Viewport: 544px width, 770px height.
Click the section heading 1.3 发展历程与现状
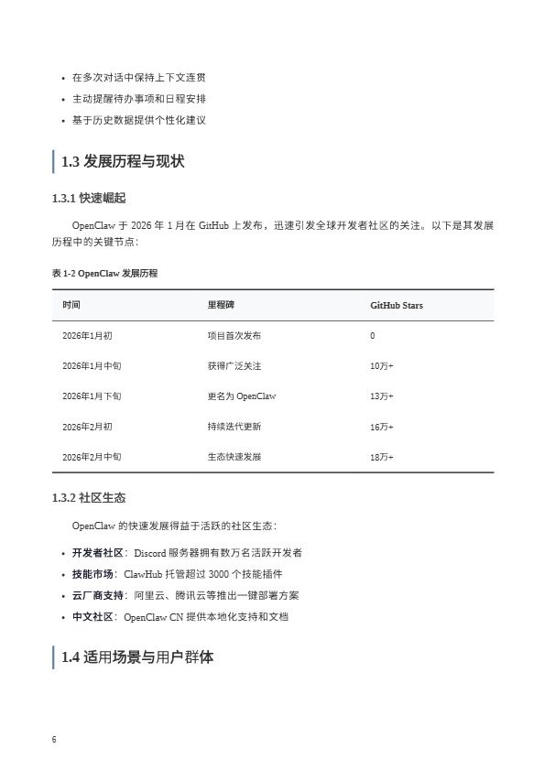point(123,162)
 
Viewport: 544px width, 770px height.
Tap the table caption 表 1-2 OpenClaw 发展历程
point(105,273)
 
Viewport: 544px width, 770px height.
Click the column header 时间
point(71,305)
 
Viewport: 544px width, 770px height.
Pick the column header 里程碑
point(221,305)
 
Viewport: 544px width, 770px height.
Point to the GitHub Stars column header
point(397,305)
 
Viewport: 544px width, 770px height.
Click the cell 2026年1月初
point(87,336)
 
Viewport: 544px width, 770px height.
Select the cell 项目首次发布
point(234,336)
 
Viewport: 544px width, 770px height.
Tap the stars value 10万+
point(382,366)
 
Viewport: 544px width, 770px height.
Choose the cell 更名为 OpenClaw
point(242,396)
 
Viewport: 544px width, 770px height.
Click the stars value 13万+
point(382,396)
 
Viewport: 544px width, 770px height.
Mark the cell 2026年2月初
point(87,427)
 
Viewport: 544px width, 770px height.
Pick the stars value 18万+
point(382,457)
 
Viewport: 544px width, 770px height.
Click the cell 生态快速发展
point(234,457)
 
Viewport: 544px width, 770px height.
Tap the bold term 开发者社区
point(97,553)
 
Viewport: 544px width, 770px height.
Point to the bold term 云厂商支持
point(97,595)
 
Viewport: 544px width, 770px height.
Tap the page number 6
point(55,740)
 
